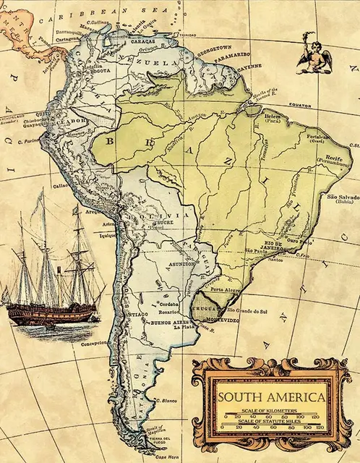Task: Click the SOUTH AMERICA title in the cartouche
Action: pyautogui.click(x=272, y=397)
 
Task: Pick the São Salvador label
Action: pyautogui.click(x=342, y=197)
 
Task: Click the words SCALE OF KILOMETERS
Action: pyautogui.click(x=272, y=410)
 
